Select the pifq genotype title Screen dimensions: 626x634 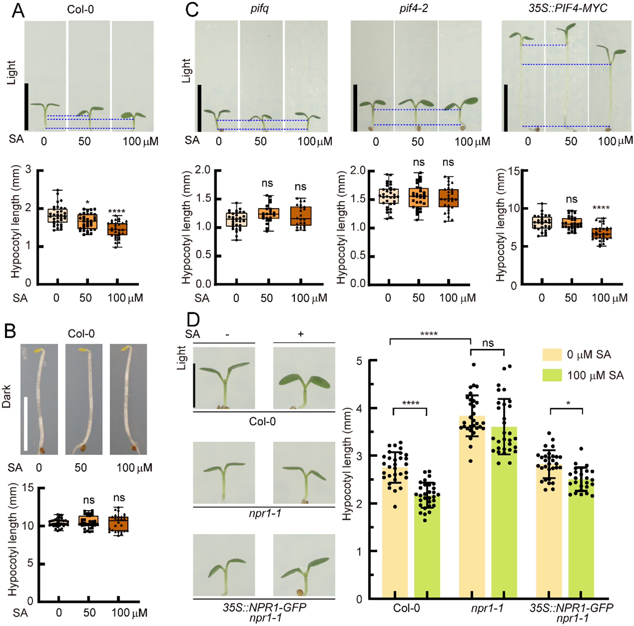coord(260,9)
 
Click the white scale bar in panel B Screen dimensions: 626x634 coord(26,423)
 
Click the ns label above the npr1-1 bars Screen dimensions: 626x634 coord(488,343)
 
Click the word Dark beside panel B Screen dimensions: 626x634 coord(7,396)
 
